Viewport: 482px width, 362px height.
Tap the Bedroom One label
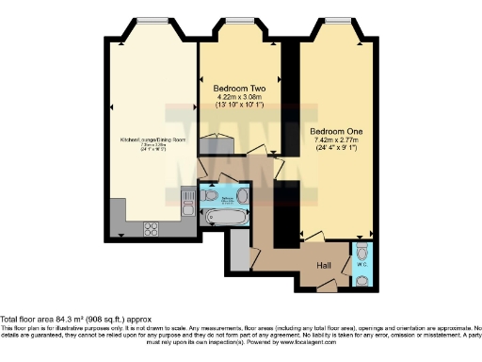pyautogui.click(x=336, y=130)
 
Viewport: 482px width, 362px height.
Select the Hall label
pyautogui.click(x=324, y=265)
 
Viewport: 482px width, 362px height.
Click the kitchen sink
pyautogui.click(x=185, y=201)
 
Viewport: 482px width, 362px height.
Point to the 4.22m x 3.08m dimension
pyautogui.click(x=238, y=95)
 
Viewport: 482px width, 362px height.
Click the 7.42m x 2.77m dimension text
pyautogui.click(x=336, y=140)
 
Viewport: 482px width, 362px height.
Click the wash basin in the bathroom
pyautogui.click(x=242, y=196)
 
